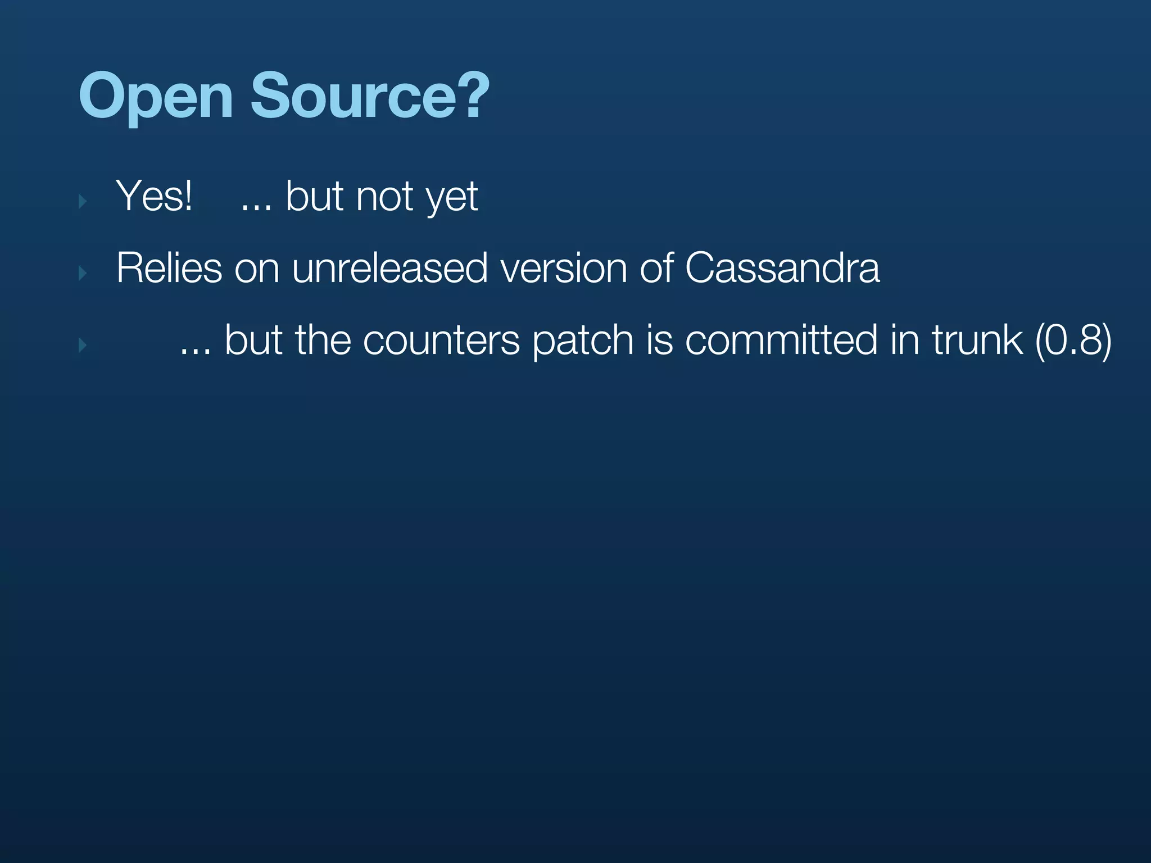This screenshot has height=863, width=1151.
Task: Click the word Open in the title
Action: pyautogui.click(x=156, y=97)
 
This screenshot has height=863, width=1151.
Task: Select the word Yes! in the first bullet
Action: pyautogui.click(x=154, y=196)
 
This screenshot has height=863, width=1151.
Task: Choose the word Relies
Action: pyautogui.click(x=169, y=268)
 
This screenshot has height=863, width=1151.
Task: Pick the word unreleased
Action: pyautogui.click(x=389, y=268)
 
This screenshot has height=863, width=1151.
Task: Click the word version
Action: pyautogui.click(x=563, y=268)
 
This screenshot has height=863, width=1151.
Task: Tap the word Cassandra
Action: pyautogui.click(x=782, y=268)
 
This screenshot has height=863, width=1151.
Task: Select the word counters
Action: pyautogui.click(x=441, y=340)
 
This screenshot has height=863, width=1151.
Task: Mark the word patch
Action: pyautogui.click(x=583, y=341)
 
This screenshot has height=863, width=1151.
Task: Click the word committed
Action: pyautogui.click(x=781, y=340)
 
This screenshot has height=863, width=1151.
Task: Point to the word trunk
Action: pyautogui.click(x=977, y=340)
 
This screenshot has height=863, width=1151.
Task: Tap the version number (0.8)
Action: pyautogui.click(x=1073, y=340)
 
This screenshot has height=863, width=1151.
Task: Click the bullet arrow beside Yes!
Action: pyautogui.click(x=83, y=201)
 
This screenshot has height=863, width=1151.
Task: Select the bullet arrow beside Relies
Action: pyautogui.click(x=83, y=273)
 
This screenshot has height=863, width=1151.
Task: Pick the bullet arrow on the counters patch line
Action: pyautogui.click(x=83, y=345)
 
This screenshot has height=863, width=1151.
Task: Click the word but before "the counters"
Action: pyautogui.click(x=253, y=340)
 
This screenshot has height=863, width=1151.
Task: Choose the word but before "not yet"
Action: pyautogui.click(x=314, y=196)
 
